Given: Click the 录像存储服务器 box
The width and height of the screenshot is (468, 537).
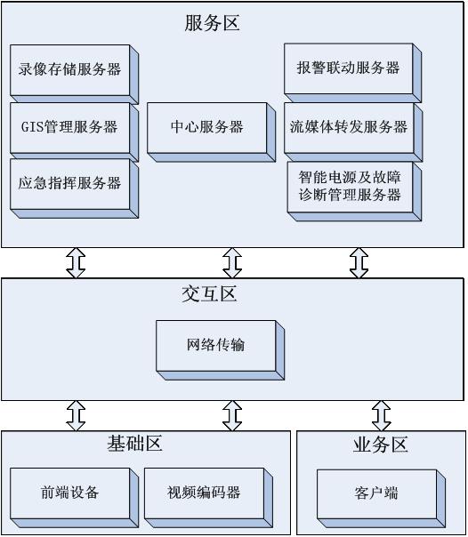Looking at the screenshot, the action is tap(74, 74).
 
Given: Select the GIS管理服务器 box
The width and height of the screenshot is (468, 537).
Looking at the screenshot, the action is tap(74, 132).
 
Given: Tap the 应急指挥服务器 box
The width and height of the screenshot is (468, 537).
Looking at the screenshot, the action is tap(74, 188).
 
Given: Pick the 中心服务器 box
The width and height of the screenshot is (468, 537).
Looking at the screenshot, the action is tap(211, 132).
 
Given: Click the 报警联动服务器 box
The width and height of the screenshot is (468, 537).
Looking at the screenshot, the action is tap(352, 73).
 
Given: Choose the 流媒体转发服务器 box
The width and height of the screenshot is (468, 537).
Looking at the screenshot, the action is tap(353, 132).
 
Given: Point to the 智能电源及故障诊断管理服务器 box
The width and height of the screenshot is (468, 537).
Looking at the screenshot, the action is tap(354, 191).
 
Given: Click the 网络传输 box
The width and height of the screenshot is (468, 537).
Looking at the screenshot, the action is tap(220, 350).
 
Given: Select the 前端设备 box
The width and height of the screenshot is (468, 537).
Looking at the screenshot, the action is tap(74, 498).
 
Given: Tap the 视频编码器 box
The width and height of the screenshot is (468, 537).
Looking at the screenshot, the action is tap(208, 498).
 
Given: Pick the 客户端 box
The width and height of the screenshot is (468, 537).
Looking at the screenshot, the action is tap(381, 499).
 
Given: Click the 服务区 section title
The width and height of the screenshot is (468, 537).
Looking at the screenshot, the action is tap(212, 23).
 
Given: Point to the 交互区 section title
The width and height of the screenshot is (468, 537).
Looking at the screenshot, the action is tap(209, 294).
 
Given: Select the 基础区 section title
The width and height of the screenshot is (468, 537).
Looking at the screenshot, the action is tap(134, 444).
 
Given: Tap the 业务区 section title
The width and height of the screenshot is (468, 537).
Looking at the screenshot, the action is tap(380, 445).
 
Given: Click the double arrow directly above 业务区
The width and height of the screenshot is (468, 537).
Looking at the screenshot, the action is tap(382, 416).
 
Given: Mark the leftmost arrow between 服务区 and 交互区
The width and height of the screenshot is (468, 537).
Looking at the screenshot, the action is tap(76, 262).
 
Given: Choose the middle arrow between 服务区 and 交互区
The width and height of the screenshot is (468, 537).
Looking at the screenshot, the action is tap(232, 262).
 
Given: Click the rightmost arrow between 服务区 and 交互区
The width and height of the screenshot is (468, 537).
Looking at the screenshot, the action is tap(359, 262).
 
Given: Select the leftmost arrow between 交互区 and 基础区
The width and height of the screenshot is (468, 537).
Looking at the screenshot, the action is tap(76, 416).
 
